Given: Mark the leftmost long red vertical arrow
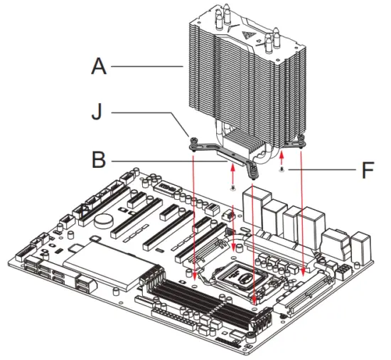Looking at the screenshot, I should coord(194,213).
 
